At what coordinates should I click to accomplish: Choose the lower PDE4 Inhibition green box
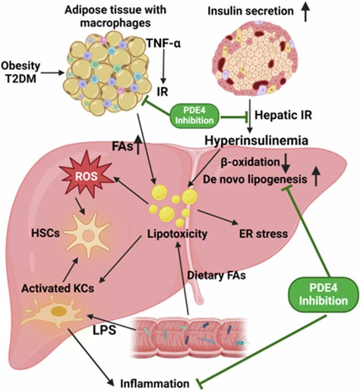tap(322, 294)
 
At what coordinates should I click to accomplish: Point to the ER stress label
tap(260, 233)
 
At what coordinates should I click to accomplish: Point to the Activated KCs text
tap(54, 289)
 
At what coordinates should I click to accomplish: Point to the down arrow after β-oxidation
tap(286, 163)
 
